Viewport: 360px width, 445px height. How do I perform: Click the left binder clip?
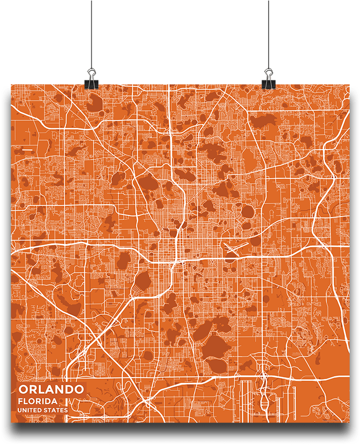coord(91,78)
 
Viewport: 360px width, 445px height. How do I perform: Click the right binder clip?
coord(268,78)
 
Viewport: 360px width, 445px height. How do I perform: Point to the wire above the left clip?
coord(91,32)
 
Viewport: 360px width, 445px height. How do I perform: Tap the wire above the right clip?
coord(268,32)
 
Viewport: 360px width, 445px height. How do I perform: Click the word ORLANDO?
coord(51,389)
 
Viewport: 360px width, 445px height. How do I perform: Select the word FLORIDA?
coord(38,401)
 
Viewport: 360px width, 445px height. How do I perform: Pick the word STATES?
coord(57,410)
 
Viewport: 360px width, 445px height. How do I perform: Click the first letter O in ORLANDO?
coord(23,389)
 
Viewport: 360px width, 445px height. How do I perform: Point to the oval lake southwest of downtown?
coord(143,281)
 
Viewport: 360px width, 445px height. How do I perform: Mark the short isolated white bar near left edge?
coord(27,148)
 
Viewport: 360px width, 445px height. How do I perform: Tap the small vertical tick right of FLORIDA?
coord(66,401)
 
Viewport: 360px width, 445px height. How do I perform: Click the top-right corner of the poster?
coord(349,85)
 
